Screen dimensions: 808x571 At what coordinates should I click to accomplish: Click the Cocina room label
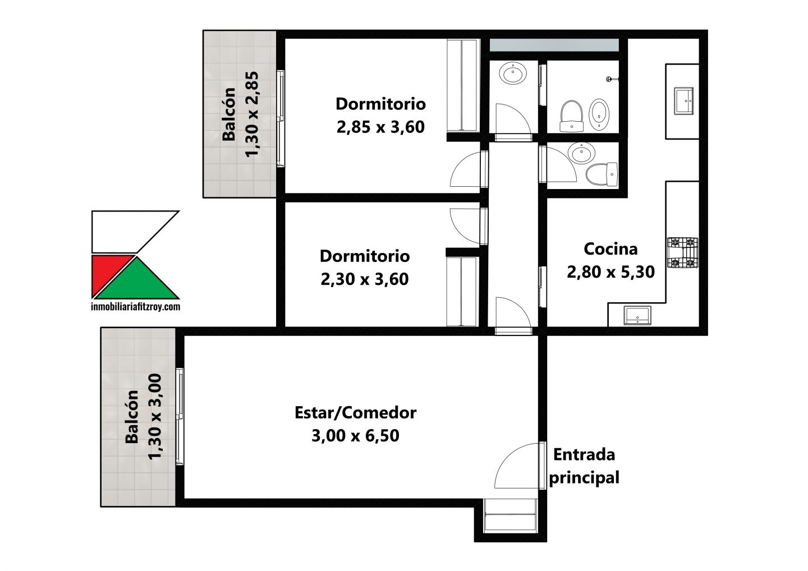[x=610, y=249]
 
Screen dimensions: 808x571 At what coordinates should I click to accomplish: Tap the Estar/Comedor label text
[x=355, y=413]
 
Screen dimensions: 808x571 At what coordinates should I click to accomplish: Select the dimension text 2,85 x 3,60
[x=380, y=127]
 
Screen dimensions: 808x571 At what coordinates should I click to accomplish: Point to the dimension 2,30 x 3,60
[x=364, y=279]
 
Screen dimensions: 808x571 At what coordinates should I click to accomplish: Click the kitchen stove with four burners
[x=682, y=253]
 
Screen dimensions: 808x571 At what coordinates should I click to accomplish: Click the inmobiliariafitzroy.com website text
[x=136, y=307]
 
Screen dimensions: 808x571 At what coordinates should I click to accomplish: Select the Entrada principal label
[x=584, y=466]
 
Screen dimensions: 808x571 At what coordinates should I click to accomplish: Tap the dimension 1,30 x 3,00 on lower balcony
[x=155, y=416]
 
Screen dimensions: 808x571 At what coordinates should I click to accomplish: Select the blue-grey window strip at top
[x=554, y=45]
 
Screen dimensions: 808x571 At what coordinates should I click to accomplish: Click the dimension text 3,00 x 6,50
[x=355, y=435]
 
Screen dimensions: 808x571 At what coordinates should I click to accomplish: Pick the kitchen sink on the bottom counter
[x=637, y=315]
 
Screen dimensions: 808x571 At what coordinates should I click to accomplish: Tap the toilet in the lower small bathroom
[x=602, y=175]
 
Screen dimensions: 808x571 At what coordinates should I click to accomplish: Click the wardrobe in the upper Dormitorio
[x=463, y=85]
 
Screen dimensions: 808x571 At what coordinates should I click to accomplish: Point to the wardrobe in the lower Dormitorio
[x=462, y=291]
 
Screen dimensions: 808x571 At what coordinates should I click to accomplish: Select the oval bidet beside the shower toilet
[x=599, y=114]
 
